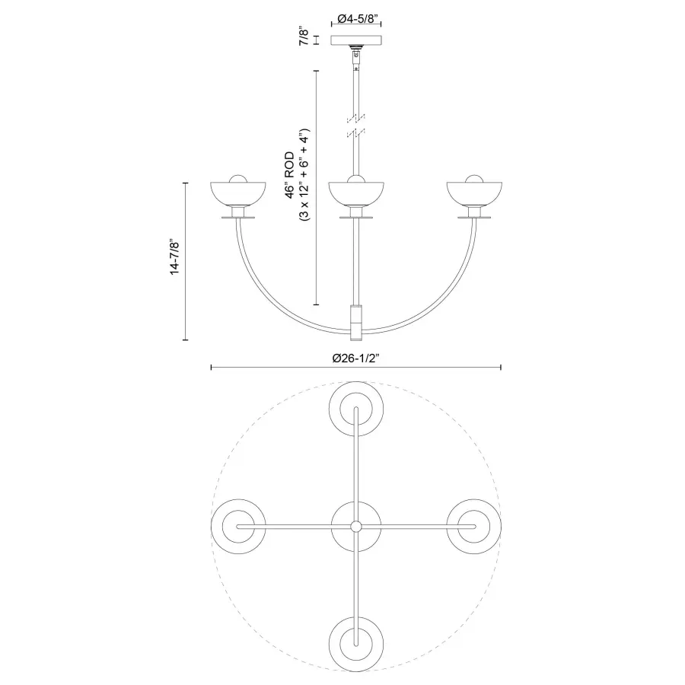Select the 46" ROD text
(290, 176)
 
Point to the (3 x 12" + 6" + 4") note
(304, 176)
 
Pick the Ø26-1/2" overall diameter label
(355, 358)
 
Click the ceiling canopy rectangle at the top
(355, 40)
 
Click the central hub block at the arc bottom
(355, 320)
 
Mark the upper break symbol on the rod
(355, 117)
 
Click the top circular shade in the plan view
(355, 410)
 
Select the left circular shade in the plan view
(238, 527)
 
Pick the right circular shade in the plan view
(473, 527)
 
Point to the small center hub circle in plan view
(355, 527)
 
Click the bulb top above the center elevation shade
(355, 179)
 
